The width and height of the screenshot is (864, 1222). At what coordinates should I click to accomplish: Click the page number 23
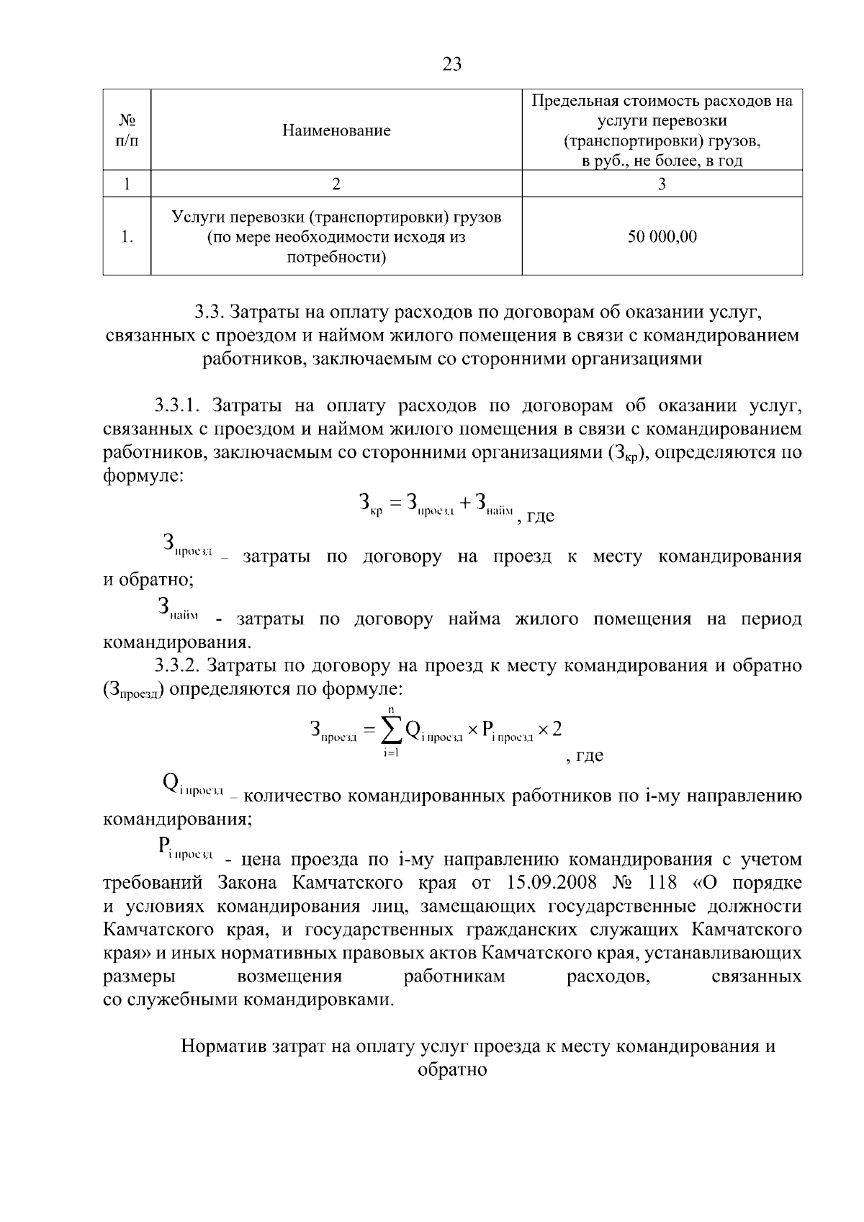[x=452, y=65]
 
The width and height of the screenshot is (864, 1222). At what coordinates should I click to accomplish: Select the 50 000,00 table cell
[x=662, y=236]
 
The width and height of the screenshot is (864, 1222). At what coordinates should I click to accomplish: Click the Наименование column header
[x=336, y=130]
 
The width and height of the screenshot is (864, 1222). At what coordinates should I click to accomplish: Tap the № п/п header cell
[x=127, y=130]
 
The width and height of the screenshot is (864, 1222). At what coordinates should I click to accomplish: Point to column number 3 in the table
[x=662, y=184]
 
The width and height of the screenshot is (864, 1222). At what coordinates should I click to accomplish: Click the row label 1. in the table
[x=127, y=236]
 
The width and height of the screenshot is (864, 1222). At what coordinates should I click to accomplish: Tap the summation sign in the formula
[x=391, y=730]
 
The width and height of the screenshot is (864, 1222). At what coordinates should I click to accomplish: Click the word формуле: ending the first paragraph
[x=143, y=476]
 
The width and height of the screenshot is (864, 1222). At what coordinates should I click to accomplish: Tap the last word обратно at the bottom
[x=452, y=1070]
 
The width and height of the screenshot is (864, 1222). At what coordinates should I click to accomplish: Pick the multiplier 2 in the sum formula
[x=556, y=729]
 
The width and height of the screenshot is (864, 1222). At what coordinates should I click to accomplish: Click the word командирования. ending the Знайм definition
[x=177, y=642]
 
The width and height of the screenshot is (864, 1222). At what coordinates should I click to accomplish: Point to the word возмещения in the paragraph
[x=289, y=976]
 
